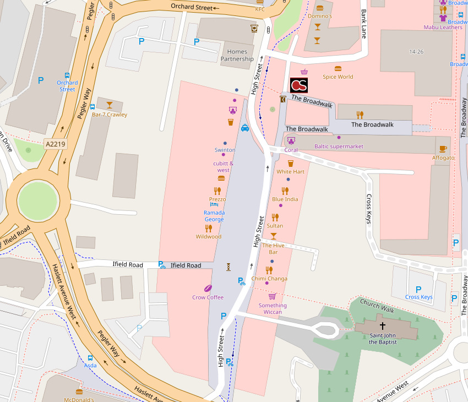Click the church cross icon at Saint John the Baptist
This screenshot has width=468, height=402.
pos(383,326)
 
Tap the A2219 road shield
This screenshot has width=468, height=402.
pos(55,144)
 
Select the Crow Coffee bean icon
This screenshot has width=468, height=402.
pos(208,288)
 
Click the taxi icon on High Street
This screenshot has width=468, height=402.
pos(245,128)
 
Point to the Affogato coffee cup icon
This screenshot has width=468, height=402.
pos(443,149)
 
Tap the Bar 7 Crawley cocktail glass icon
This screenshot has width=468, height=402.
pos(109,105)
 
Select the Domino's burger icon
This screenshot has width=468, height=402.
pos(320,8)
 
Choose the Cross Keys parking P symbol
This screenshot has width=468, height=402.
pos(418,289)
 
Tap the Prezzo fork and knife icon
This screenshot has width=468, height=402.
pos(217,191)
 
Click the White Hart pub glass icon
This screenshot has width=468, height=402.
pos(291,163)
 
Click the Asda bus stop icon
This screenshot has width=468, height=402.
pos(90,357)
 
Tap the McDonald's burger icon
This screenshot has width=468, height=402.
pos(79,392)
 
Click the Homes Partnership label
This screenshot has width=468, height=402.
pos(237,56)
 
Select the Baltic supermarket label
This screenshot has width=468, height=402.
pos(339,146)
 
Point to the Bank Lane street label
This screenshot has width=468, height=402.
pos(363,23)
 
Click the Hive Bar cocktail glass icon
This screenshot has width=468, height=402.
pos(273,236)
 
